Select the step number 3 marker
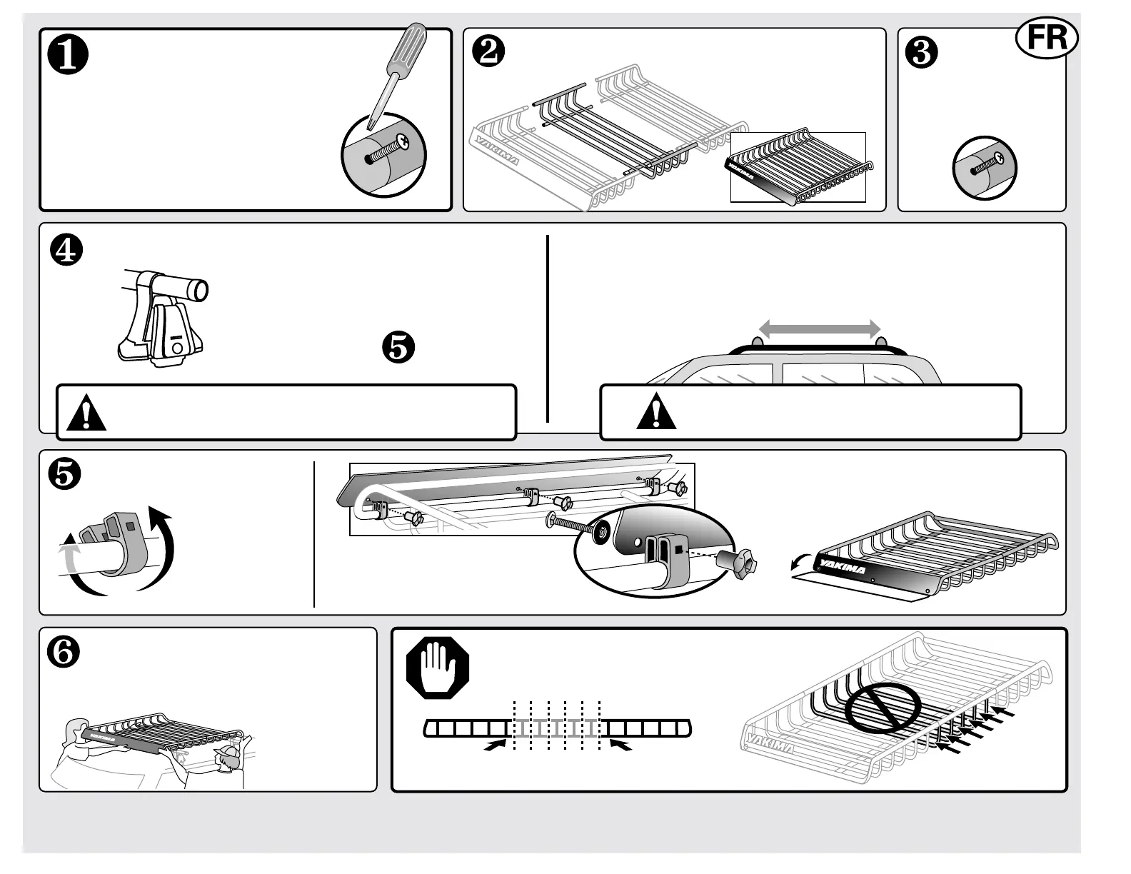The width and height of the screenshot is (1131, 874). [921, 53]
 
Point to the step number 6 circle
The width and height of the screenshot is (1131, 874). [64, 653]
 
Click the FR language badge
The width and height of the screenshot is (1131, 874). [1046, 38]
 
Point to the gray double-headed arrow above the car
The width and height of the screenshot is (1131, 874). [819, 328]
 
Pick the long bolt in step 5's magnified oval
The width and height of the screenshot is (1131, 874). [573, 523]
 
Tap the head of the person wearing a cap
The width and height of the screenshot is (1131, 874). [228, 760]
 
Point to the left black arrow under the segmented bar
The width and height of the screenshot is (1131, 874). [493, 745]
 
